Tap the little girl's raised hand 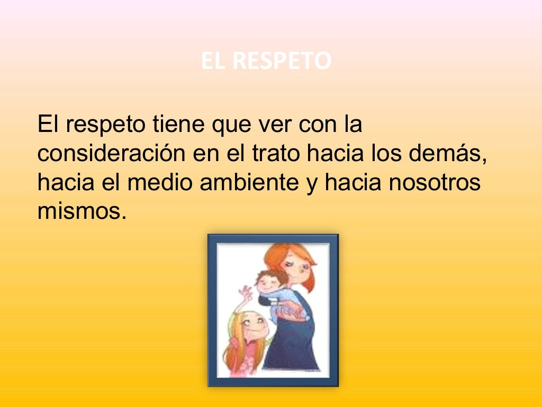coord(245,292)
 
